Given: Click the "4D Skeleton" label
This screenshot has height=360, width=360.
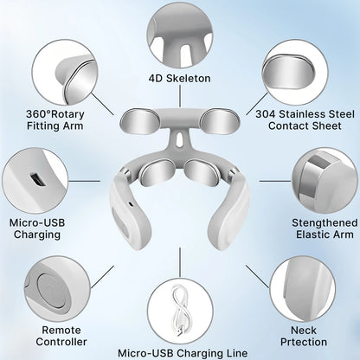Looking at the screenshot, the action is point(180,78).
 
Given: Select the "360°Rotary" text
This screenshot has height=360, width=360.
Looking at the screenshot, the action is point(55,114).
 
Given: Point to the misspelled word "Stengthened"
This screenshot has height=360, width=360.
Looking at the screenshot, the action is point(325,222).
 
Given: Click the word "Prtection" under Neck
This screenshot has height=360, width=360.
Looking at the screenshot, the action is point(304,342).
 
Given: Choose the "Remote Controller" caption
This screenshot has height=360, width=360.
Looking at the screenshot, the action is point(61,336).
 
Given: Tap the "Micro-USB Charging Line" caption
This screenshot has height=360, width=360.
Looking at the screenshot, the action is point(183,353).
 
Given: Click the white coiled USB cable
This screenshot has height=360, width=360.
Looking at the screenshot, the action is point(181,310).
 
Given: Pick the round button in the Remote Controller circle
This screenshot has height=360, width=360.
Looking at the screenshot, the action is point(53,292).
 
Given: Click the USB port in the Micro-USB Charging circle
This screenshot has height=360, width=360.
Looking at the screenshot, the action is point(37,180).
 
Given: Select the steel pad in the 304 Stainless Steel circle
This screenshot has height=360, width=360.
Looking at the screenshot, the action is point(288,72).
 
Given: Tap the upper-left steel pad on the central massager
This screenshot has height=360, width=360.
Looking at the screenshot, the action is point(139,121).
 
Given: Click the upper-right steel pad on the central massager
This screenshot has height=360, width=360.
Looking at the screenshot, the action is point(220,121).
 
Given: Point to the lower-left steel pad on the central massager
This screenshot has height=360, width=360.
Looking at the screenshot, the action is point(157,172).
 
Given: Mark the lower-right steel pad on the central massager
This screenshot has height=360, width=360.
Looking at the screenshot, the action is point(202,173).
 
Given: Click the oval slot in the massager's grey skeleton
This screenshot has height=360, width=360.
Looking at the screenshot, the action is point(180,139).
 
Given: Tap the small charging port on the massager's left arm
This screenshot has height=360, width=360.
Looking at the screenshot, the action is point(131,204).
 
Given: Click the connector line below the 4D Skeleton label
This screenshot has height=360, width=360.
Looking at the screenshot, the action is point(180,96).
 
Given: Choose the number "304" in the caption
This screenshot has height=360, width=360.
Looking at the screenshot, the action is point(266,114).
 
